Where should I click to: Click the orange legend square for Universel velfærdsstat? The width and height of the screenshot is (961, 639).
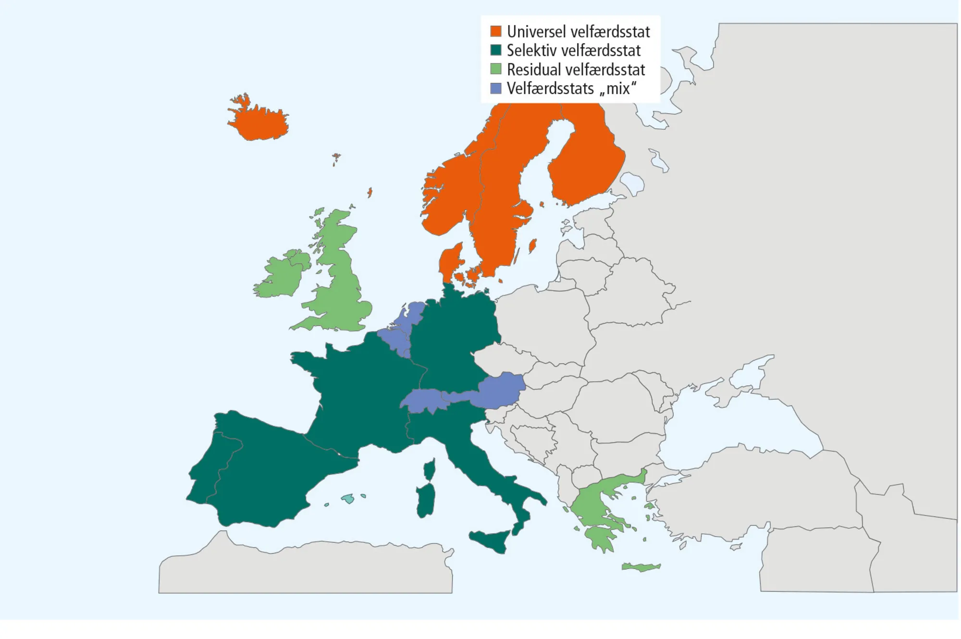[496, 32]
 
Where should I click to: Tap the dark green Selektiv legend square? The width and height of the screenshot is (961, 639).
[496, 50]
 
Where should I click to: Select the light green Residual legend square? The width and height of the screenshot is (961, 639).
[496, 69]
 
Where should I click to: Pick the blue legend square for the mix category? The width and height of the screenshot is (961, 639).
[496, 88]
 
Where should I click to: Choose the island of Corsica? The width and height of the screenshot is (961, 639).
[430, 469]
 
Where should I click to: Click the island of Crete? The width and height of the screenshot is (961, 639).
[641, 567]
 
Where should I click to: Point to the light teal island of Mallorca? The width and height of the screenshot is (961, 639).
[347, 499]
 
